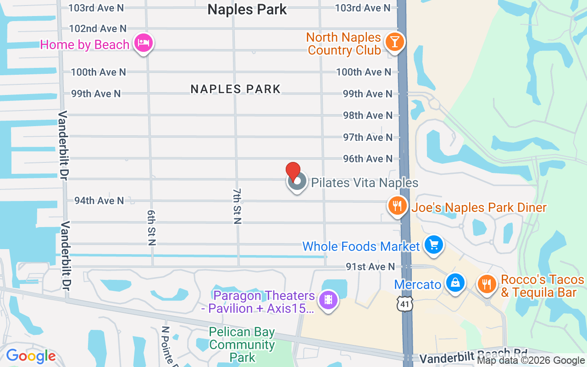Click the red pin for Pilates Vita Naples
click(x=293, y=172)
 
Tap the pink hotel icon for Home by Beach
click(x=144, y=44)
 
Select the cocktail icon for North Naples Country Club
click(x=394, y=42)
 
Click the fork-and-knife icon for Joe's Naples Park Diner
click(x=397, y=206)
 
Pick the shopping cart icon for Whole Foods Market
click(x=433, y=245)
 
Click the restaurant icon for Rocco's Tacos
click(x=487, y=284)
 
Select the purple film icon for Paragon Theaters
click(x=328, y=300)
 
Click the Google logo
click(x=31, y=356)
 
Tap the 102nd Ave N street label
click(x=98, y=28)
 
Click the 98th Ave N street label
click(x=368, y=115)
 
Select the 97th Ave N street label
click(x=368, y=137)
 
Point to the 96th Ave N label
click(x=368, y=159)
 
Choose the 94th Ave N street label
click(x=99, y=200)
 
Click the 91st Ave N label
click(x=370, y=267)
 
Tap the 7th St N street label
click(x=237, y=206)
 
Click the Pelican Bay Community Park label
click(x=242, y=345)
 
